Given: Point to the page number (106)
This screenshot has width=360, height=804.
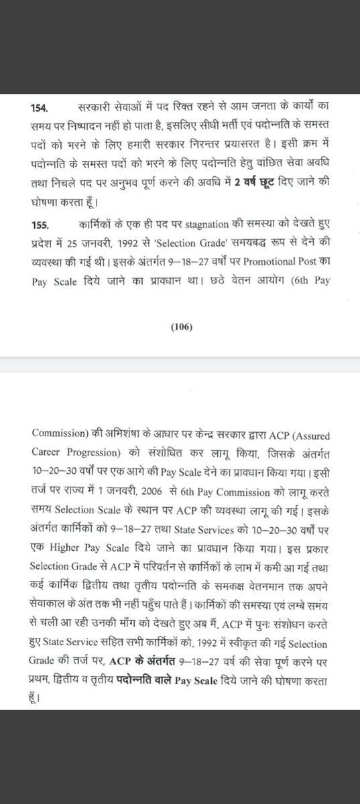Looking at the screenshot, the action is (x=181, y=327).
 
